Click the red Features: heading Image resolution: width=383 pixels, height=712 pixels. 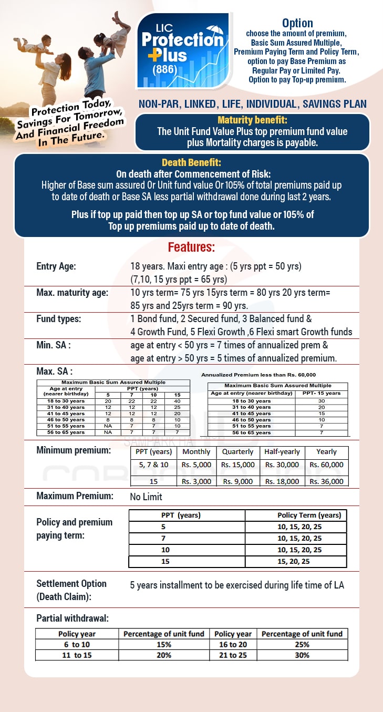click(191, 247)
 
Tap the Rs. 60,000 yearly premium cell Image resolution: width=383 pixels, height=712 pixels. click(326, 465)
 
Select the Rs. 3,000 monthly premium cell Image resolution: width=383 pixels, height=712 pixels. click(196, 481)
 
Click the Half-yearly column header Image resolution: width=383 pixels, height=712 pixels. click(282, 451)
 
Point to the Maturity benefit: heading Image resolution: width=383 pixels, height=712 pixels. click(252, 119)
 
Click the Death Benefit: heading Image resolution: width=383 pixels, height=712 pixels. click(191, 162)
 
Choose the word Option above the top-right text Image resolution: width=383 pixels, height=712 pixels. click(297, 23)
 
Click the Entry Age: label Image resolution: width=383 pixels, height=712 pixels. click(56, 266)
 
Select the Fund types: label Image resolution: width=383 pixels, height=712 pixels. click(59, 319)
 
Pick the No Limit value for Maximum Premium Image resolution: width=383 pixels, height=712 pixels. click(146, 497)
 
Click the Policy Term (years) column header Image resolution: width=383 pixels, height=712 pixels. click(309, 515)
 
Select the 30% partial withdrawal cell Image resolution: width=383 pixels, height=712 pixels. click(302, 655)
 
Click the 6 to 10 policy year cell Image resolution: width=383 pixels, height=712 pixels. click(77, 644)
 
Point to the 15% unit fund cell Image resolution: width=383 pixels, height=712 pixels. click(163, 644)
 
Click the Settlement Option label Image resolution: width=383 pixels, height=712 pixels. click(71, 584)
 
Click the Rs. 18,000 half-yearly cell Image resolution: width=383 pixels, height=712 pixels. click(282, 481)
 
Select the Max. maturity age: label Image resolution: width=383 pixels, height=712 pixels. click(73, 292)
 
